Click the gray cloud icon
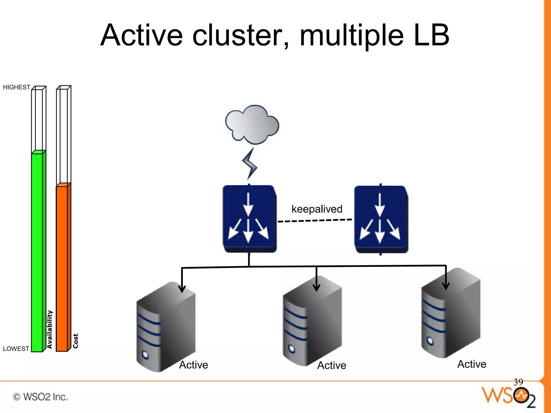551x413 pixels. coord(252,124)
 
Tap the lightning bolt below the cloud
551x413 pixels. coord(250,164)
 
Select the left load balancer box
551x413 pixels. coord(249,219)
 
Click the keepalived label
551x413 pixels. coord(317,209)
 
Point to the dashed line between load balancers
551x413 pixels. coord(315,220)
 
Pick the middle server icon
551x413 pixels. coord(312,321)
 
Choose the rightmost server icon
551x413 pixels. coord(451,313)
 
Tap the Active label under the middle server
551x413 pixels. coord(331,365)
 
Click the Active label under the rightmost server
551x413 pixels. coord(472,364)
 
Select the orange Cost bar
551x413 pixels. coord(62,268)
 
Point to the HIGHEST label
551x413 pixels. coord(16,87)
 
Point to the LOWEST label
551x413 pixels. coord(16,349)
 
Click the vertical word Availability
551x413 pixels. coord(50,329)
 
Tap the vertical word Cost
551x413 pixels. coord(76,341)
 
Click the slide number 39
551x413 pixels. coord(518,382)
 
